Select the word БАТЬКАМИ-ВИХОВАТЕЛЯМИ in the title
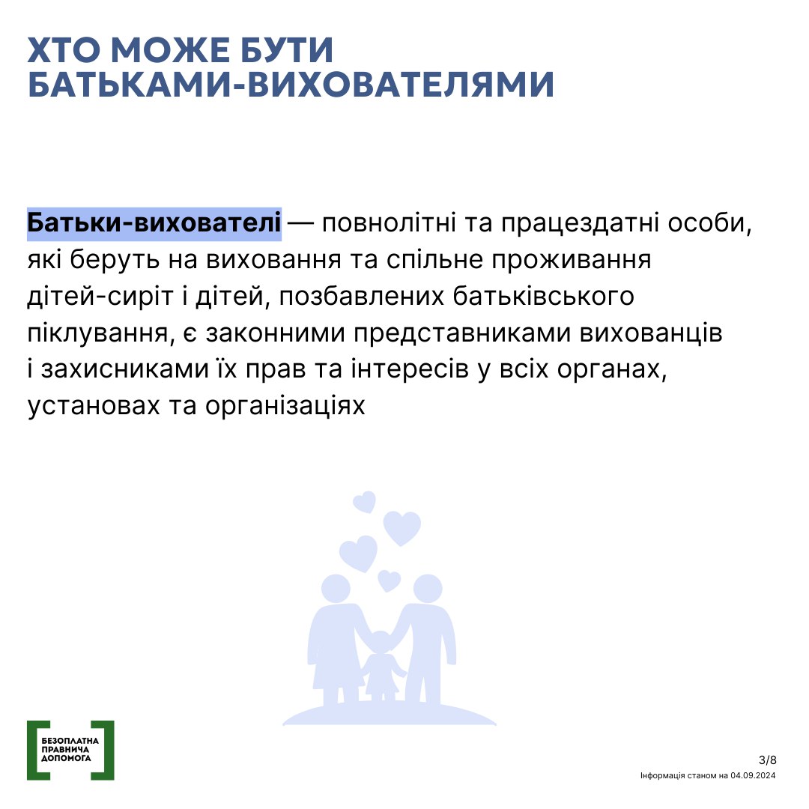[291, 85]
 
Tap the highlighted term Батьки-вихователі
[154, 223]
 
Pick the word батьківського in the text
[544, 297]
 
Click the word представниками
[462, 333]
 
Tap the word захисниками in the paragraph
[125, 369]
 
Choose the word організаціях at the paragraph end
[285, 407]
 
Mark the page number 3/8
[768, 760]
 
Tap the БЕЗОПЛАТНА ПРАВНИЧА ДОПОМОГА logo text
[70, 750]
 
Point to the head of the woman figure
[336, 589]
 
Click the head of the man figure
[428, 589]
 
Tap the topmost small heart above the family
[365, 501]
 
